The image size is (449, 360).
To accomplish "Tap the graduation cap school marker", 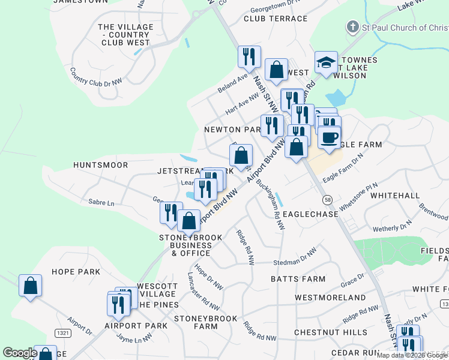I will (x=326, y=63).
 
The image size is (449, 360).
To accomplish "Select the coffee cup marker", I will (x=328, y=137).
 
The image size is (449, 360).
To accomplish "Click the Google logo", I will (x=20, y=353).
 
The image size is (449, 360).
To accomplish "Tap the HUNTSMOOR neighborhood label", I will (x=100, y=164).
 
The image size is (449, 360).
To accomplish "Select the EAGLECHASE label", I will (x=307, y=214).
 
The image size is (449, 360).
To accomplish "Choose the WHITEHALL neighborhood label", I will (x=395, y=196).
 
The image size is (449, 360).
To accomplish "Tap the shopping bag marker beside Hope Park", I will (x=31, y=286).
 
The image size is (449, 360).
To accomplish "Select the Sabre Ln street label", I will (x=101, y=203).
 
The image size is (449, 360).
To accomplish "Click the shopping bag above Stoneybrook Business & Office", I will (x=188, y=220).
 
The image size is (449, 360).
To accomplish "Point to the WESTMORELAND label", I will (x=330, y=298).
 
